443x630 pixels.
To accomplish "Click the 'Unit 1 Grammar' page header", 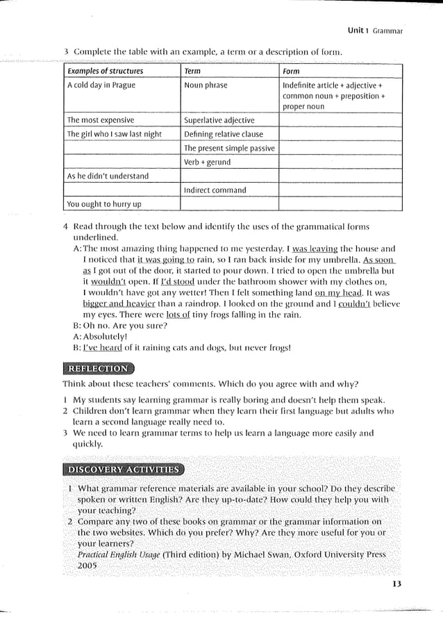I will point(375,31).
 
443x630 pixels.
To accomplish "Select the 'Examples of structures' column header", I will point(105,72).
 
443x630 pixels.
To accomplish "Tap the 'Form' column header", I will point(291,72).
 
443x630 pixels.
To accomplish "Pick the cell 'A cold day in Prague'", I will point(101,85).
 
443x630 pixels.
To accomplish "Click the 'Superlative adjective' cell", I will point(219,120).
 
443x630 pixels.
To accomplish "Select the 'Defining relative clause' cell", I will point(224,134).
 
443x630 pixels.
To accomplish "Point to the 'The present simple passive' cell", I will point(229,148).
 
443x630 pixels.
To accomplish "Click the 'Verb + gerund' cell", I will point(207,162).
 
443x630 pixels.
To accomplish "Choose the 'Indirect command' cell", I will point(215,190).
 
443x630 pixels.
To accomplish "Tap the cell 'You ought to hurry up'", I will point(103,204).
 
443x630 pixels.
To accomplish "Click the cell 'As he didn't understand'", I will point(108,176).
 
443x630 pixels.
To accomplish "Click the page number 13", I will point(396,583).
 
